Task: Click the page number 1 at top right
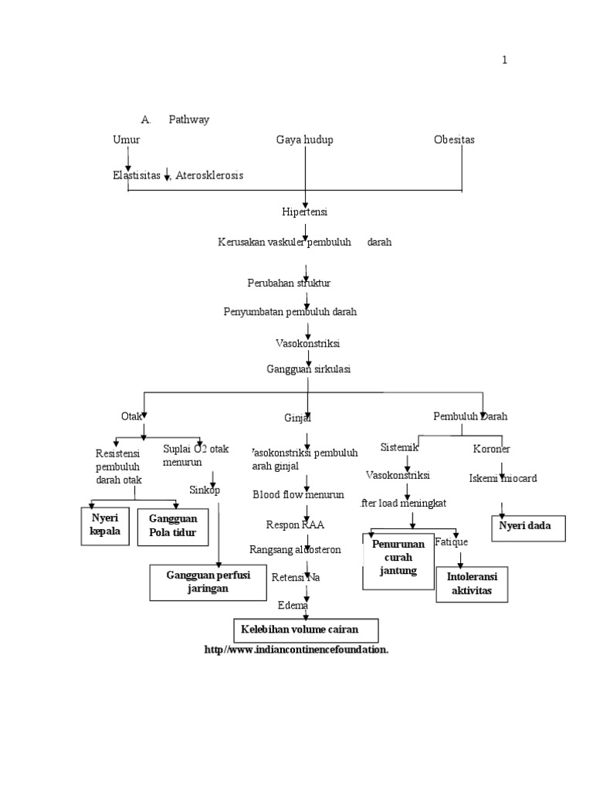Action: click(x=504, y=60)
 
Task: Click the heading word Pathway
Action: click(x=189, y=120)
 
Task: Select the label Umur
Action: click(x=127, y=140)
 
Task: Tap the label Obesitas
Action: click(x=454, y=140)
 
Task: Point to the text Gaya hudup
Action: click(x=304, y=140)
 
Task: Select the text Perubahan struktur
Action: click(x=289, y=283)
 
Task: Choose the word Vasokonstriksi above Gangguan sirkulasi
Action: click(x=307, y=342)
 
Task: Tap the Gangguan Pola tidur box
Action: click(x=174, y=526)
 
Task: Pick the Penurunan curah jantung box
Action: click(x=398, y=558)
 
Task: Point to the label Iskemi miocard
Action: click(x=503, y=478)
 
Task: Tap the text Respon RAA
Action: click(x=295, y=525)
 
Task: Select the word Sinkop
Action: click(x=205, y=490)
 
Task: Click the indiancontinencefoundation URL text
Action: click(x=296, y=650)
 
